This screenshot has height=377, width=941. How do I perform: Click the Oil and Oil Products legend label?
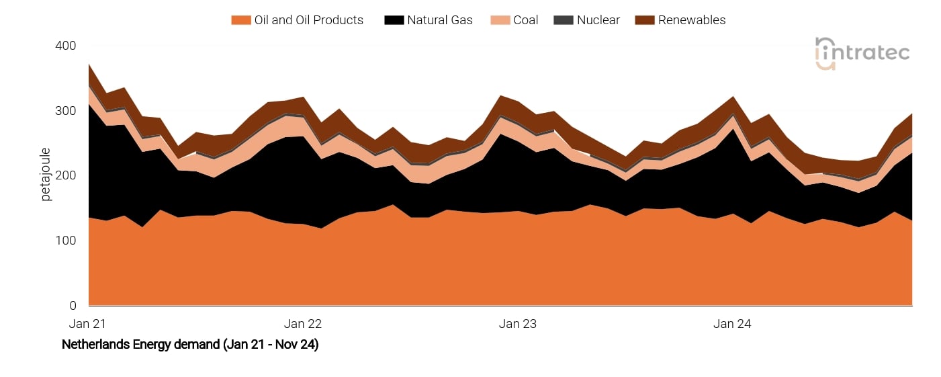[308, 20]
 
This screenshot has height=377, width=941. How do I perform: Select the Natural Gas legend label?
[439, 20]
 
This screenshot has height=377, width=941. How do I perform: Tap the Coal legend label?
[526, 20]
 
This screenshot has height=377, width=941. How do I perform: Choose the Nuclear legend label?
[598, 20]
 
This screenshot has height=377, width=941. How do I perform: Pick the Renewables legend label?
[692, 20]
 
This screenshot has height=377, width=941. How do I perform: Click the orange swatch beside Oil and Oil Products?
[240, 20]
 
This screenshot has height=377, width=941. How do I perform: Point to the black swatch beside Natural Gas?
[394, 20]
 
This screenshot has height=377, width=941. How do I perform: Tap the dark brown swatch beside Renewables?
[643, 20]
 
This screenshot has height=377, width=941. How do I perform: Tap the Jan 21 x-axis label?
[88, 324]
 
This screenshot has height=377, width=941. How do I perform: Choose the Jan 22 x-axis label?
[303, 324]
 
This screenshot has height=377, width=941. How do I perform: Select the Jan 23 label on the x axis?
[518, 324]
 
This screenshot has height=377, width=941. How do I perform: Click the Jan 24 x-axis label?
[733, 324]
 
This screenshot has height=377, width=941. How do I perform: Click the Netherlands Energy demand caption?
[190, 345]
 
